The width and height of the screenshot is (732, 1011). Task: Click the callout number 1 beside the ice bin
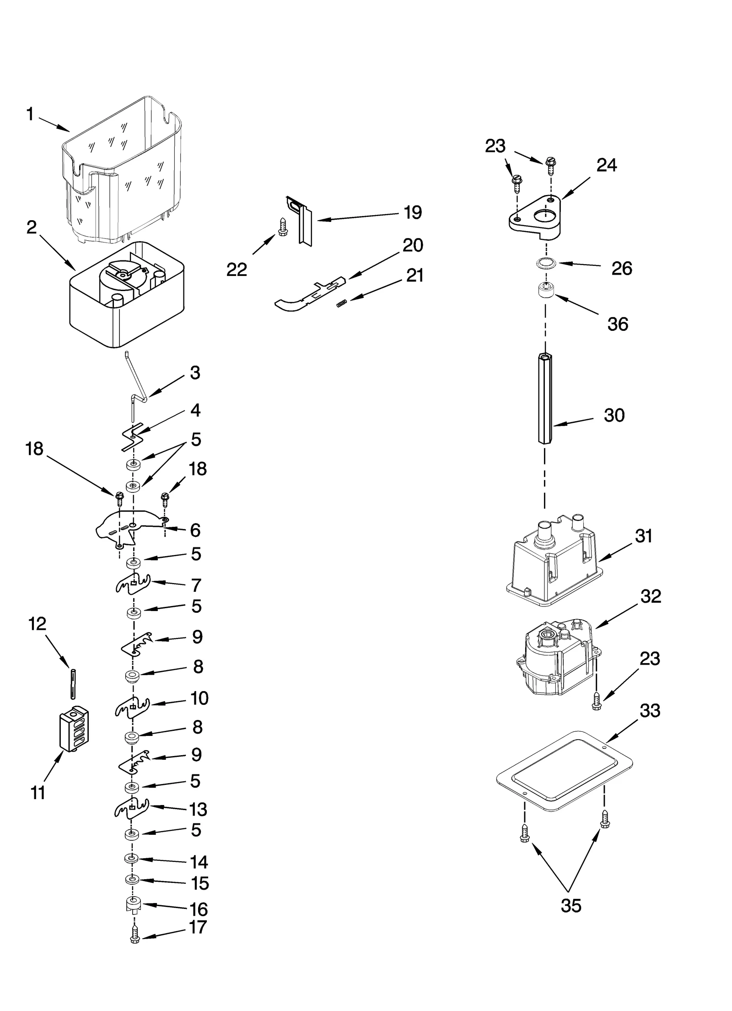(x=30, y=114)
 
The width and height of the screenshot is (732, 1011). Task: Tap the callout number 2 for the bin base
(x=32, y=227)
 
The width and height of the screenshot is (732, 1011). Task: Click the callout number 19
(x=412, y=212)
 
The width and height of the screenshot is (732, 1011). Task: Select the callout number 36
(x=618, y=324)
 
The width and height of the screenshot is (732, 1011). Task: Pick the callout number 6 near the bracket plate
(x=195, y=530)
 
